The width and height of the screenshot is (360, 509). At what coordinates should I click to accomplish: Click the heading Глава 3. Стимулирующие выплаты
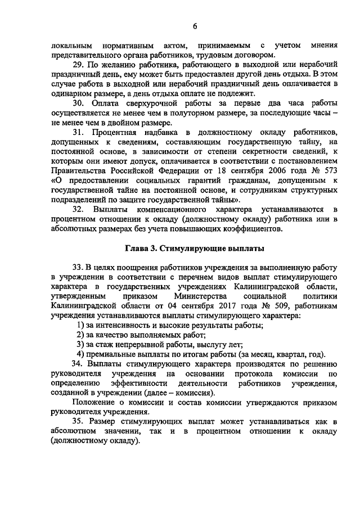click(x=194, y=248)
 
